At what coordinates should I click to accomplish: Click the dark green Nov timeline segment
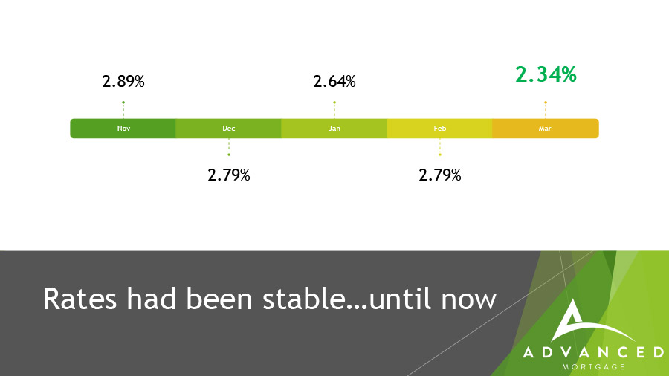[x=123, y=129]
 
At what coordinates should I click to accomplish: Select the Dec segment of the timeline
[x=228, y=129]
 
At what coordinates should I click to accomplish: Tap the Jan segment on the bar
[x=334, y=129]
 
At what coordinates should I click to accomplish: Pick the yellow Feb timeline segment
[x=439, y=129]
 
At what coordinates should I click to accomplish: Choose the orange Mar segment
[x=546, y=129]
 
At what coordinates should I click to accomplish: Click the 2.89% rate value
[x=123, y=82]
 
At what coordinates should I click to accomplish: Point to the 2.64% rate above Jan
[x=334, y=82]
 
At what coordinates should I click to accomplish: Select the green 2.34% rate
[x=546, y=74]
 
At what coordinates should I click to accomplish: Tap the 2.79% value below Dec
[x=229, y=175]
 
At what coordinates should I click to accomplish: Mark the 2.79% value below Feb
[x=440, y=175]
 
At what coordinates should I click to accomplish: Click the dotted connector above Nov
[x=123, y=110]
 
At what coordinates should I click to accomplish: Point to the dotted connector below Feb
[x=440, y=147]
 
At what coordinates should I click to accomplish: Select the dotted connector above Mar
[x=546, y=110]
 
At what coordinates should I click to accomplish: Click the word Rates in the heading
[x=80, y=299]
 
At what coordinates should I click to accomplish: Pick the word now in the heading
[x=469, y=302]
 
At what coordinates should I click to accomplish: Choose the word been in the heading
[x=219, y=298]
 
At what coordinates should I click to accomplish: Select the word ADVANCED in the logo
[x=593, y=352]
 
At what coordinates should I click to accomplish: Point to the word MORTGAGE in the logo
[x=593, y=366]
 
